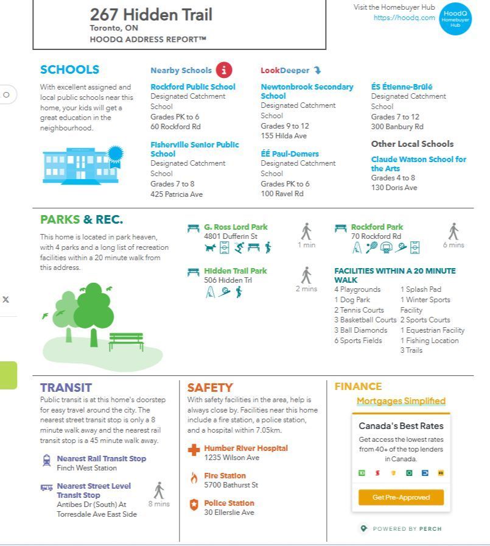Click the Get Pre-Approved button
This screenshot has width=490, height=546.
tap(401, 497)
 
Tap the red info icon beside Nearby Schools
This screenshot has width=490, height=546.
tap(224, 70)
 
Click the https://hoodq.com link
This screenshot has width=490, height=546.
tap(404, 18)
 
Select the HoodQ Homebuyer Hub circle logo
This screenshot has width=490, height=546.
tap(455, 19)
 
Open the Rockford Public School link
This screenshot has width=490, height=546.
tap(192, 87)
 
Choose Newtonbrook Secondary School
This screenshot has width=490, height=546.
tap(307, 91)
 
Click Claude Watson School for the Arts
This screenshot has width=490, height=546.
tap(418, 163)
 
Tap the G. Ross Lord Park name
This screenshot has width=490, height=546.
tap(236, 227)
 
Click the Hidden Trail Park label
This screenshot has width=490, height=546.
tap(235, 271)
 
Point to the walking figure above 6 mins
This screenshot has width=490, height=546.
tap(453, 232)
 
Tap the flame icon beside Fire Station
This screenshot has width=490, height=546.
tap(194, 478)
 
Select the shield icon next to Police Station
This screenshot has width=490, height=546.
tap(194, 505)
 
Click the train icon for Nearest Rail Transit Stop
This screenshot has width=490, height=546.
tap(47, 461)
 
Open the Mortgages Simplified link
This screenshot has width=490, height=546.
tap(401, 401)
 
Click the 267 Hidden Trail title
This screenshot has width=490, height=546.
tap(151, 15)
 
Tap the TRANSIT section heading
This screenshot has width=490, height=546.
tap(66, 388)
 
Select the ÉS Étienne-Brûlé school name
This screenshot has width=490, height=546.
tap(402, 87)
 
